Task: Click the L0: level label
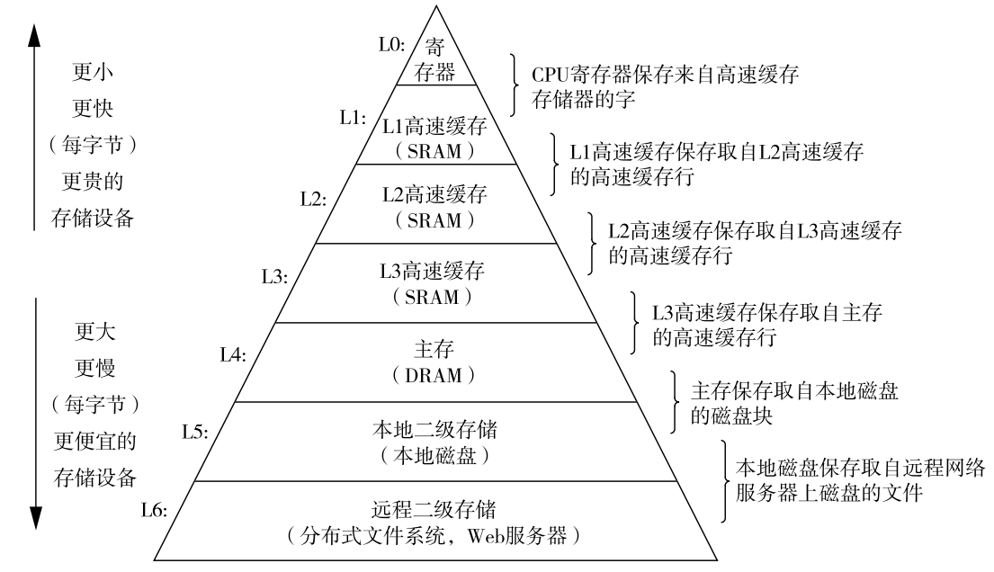(x=392, y=44)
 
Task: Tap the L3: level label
(x=275, y=276)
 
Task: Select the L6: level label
(x=154, y=510)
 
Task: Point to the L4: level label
(x=233, y=354)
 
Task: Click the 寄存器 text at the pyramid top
(x=434, y=59)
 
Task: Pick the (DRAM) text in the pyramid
(x=434, y=375)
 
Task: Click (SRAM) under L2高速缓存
(x=434, y=220)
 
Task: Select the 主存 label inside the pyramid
(x=434, y=349)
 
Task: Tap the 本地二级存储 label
(x=434, y=429)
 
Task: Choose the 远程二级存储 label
(x=434, y=509)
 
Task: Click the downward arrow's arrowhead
(x=35, y=517)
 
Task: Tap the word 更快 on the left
(x=93, y=109)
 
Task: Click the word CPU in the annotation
(x=551, y=75)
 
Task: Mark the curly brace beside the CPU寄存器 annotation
(x=515, y=85)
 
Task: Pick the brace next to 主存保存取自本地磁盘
(x=675, y=402)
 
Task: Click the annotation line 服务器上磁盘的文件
(x=829, y=493)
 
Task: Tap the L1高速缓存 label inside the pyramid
(x=434, y=126)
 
